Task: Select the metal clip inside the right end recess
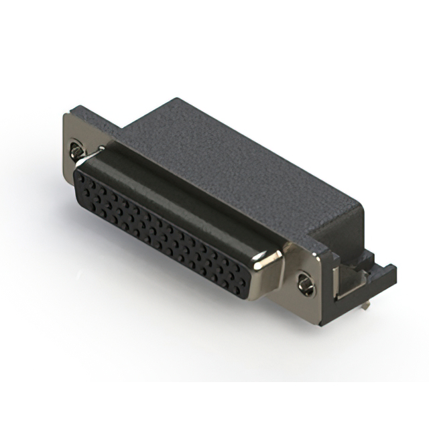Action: (349, 285)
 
